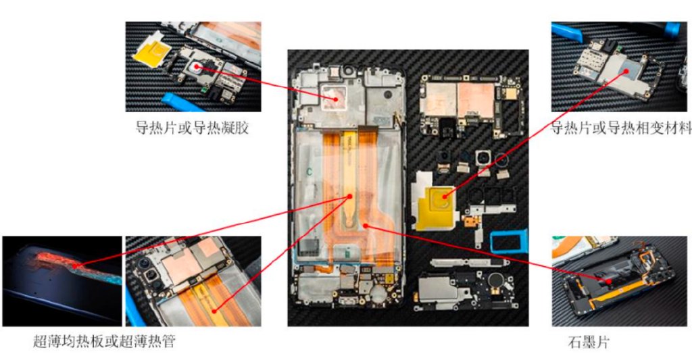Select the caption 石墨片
(x=588, y=342)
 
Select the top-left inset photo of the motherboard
(x=193, y=66)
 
